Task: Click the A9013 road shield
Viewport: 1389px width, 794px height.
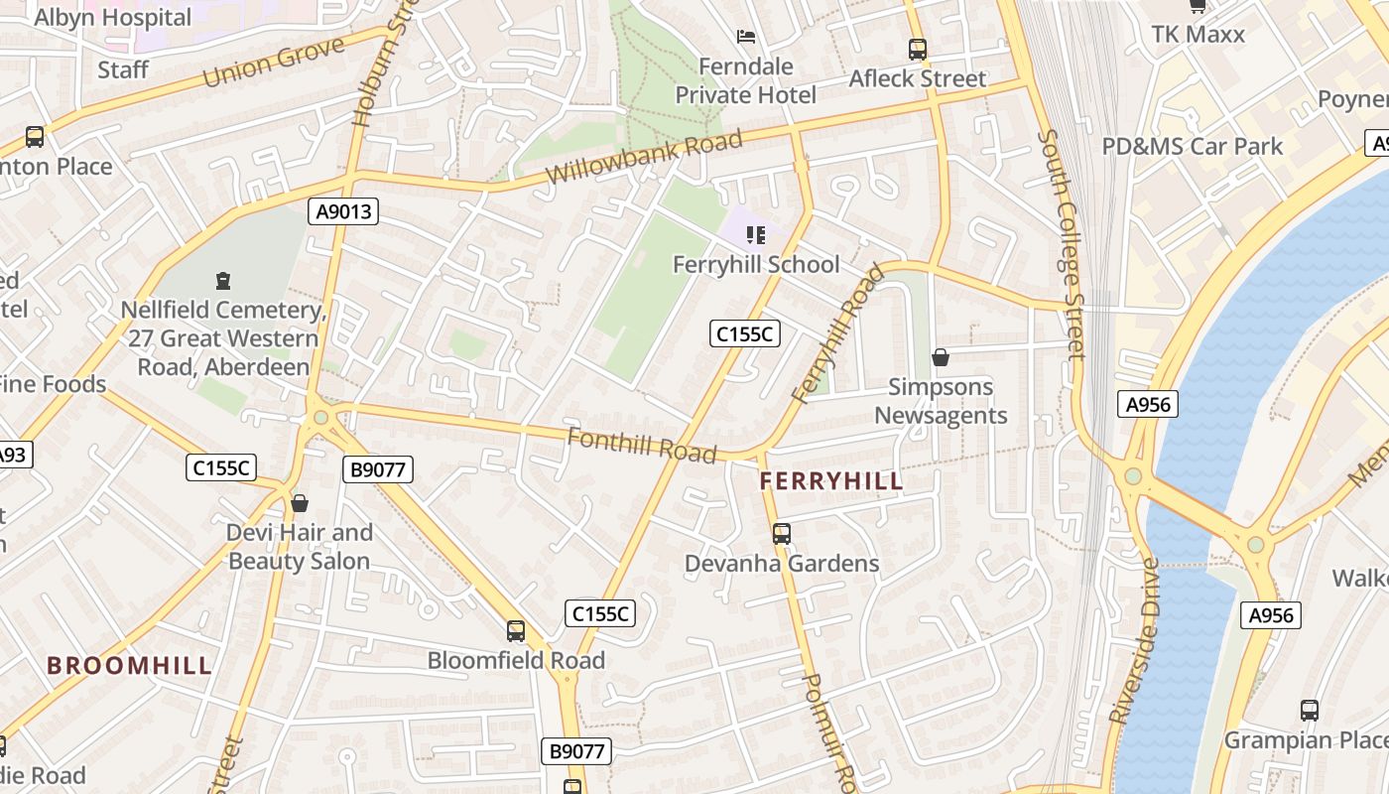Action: tap(342, 210)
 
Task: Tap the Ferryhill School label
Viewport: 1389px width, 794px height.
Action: tap(756, 265)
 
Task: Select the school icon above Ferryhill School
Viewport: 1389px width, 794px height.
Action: tap(756, 235)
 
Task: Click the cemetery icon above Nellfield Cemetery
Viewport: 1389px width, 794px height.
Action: tap(222, 282)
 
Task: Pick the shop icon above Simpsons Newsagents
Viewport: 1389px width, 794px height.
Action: tap(941, 357)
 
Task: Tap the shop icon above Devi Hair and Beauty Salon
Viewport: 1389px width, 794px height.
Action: tap(300, 504)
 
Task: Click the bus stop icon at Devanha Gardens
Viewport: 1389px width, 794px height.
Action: tap(782, 534)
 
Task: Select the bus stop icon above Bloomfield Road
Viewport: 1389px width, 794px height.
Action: tap(516, 631)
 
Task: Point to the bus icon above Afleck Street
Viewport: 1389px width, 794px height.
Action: tap(918, 50)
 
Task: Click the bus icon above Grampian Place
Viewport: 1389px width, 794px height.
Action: tap(1310, 711)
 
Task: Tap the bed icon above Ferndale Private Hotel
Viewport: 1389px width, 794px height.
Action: tap(746, 37)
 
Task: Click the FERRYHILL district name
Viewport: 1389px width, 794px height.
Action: tap(831, 482)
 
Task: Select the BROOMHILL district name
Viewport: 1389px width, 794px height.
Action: tap(130, 666)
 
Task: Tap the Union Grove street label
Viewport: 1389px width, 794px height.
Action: tap(274, 62)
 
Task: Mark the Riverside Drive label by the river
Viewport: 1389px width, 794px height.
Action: tap(1134, 641)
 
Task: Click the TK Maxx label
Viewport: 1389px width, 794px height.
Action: tap(1198, 35)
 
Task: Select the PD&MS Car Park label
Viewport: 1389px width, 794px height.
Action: tap(1193, 147)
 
